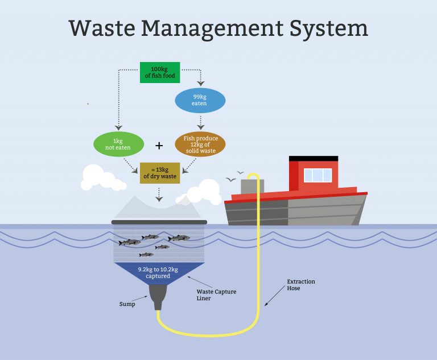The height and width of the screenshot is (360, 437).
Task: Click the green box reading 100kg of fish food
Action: [x=159, y=72]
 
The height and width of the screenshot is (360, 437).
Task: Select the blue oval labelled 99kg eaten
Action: [x=199, y=101]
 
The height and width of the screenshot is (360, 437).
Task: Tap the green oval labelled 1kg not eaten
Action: [x=118, y=144]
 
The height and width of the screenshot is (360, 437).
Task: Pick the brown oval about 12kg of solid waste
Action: [x=200, y=144]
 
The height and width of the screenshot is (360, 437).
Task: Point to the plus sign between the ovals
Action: [x=159, y=146]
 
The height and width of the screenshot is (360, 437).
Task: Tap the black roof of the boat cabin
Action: [x=313, y=159]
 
